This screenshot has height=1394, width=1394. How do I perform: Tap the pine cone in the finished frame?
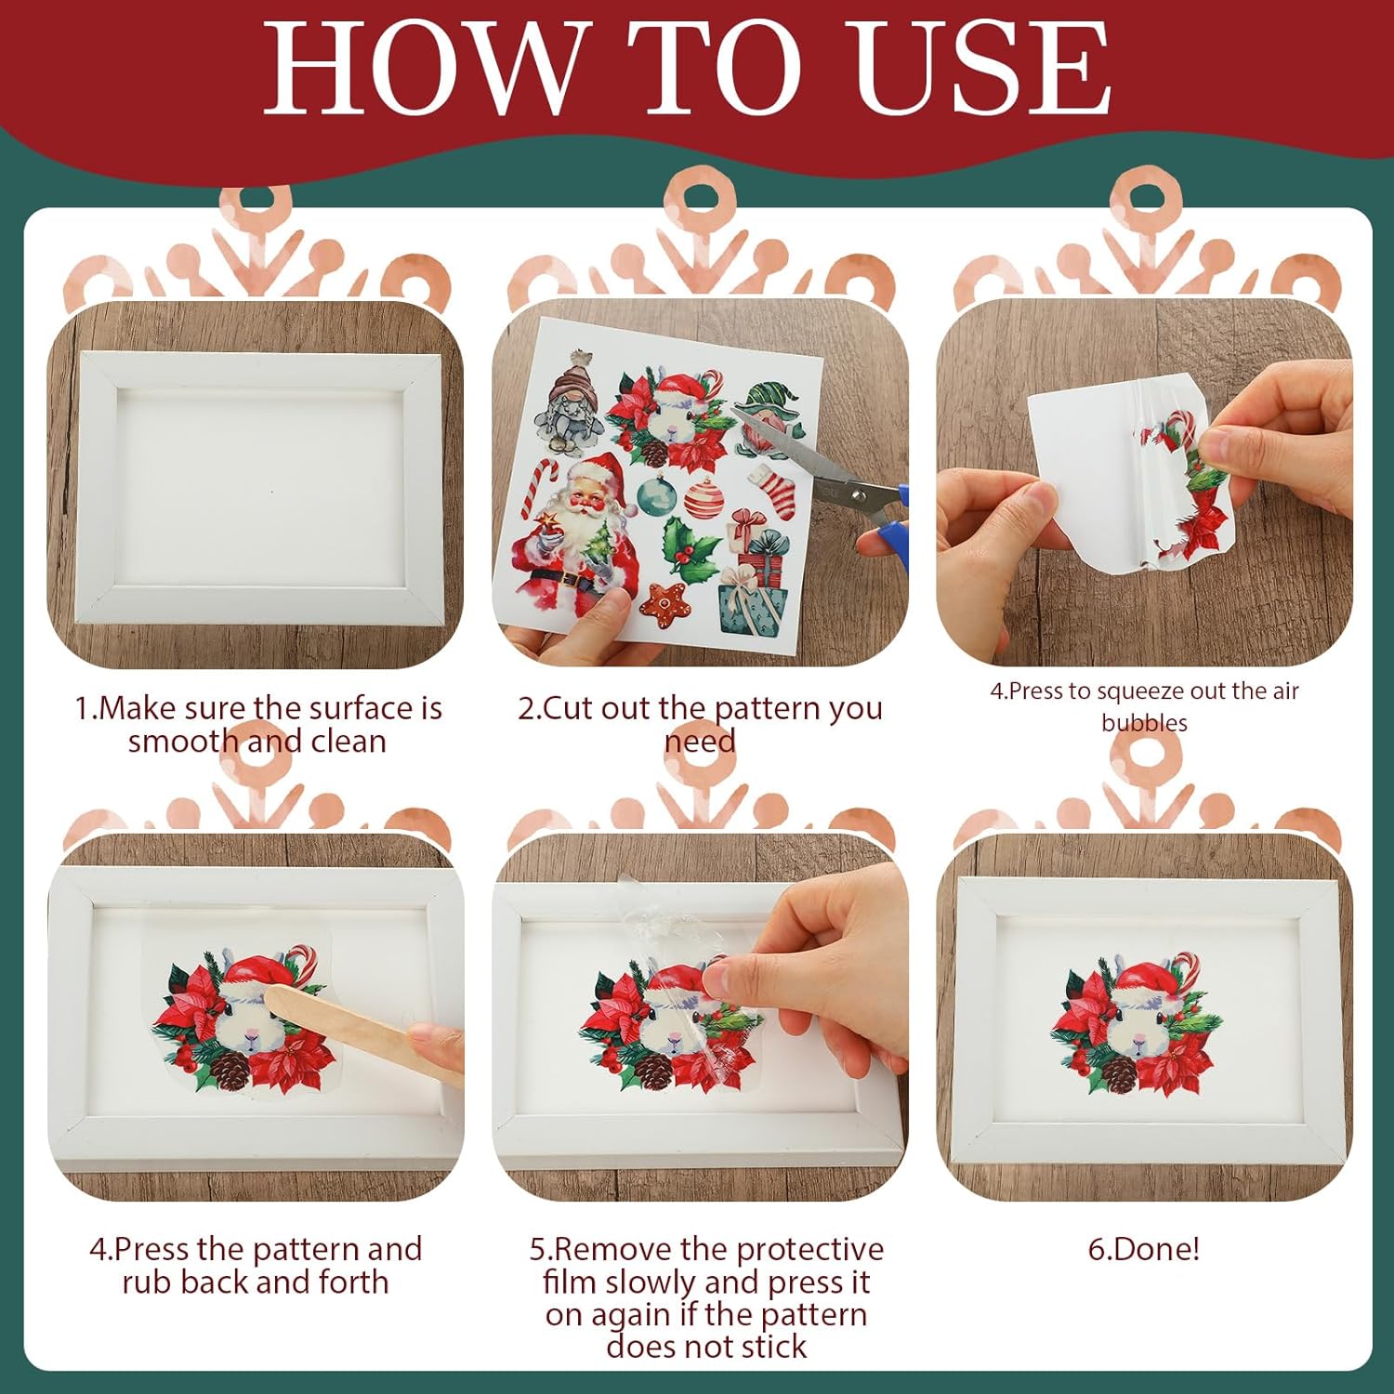[1119, 1074]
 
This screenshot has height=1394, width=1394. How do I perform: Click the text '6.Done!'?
[1143, 1248]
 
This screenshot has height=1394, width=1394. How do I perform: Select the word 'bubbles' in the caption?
[1144, 722]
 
